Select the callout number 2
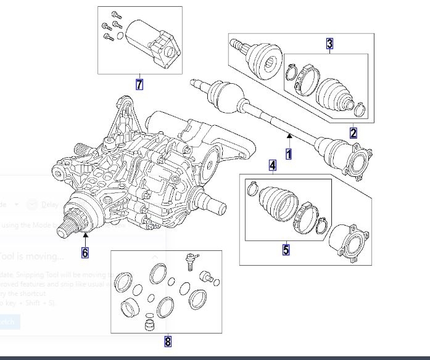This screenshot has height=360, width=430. click(353, 133)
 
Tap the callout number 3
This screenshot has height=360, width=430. click(330, 43)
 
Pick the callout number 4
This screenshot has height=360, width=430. click(272, 165)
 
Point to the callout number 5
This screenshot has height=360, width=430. click(286, 249)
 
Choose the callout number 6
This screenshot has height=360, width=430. click(85, 252)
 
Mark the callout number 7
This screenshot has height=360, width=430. click(139, 84)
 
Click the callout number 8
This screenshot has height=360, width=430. click(167, 340)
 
